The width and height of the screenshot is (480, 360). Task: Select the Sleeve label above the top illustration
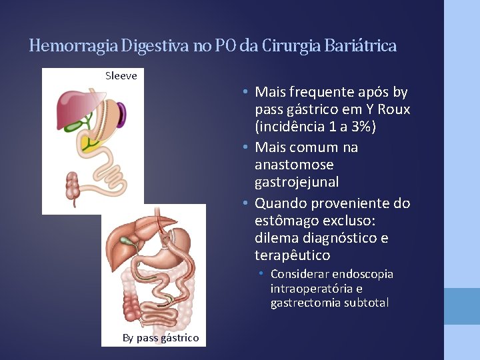[x=121, y=75]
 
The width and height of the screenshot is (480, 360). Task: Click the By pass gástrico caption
[x=161, y=338]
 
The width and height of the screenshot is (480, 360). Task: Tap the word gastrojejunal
[x=297, y=181]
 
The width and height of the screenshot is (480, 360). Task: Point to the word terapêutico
[x=292, y=255]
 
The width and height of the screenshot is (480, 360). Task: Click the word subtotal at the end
[x=366, y=303]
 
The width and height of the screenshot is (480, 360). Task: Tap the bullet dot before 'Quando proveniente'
[x=246, y=203]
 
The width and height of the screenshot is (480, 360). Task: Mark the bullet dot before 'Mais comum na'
[x=246, y=147]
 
